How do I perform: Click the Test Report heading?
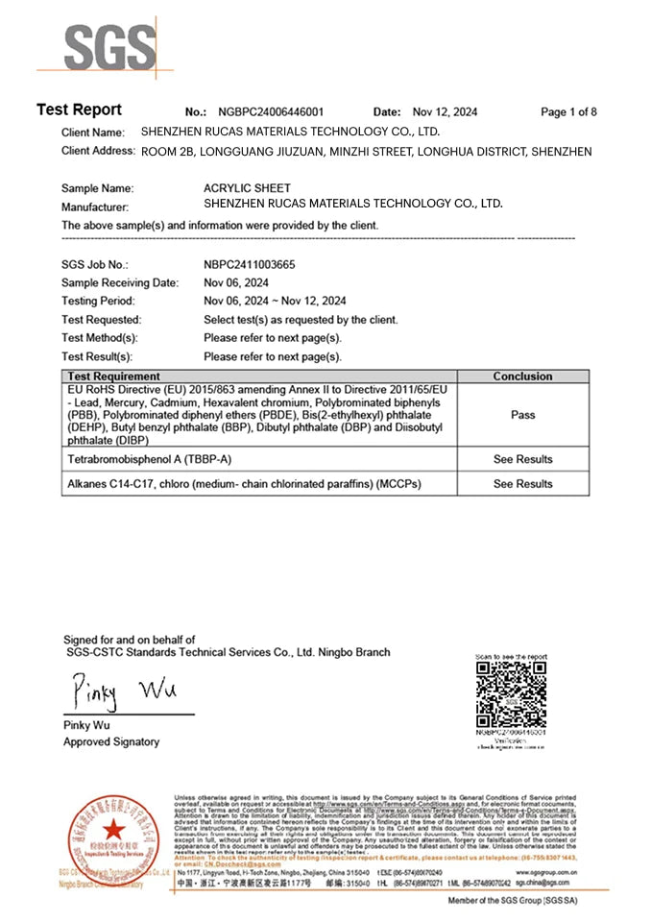point(79,110)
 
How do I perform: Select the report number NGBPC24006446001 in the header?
point(271,112)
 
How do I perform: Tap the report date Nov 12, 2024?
point(444,112)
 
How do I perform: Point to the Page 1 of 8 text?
point(568,112)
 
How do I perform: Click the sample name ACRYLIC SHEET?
point(247,188)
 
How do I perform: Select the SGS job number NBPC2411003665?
point(249,264)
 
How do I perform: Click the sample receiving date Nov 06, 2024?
point(236,282)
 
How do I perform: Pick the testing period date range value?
point(275,301)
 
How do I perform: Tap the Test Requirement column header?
point(112,376)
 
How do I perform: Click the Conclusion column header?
point(522,376)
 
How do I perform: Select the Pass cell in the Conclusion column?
point(522,416)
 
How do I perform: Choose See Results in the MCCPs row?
point(522,484)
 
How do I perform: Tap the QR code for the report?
point(512,693)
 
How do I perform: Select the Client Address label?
point(98,152)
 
